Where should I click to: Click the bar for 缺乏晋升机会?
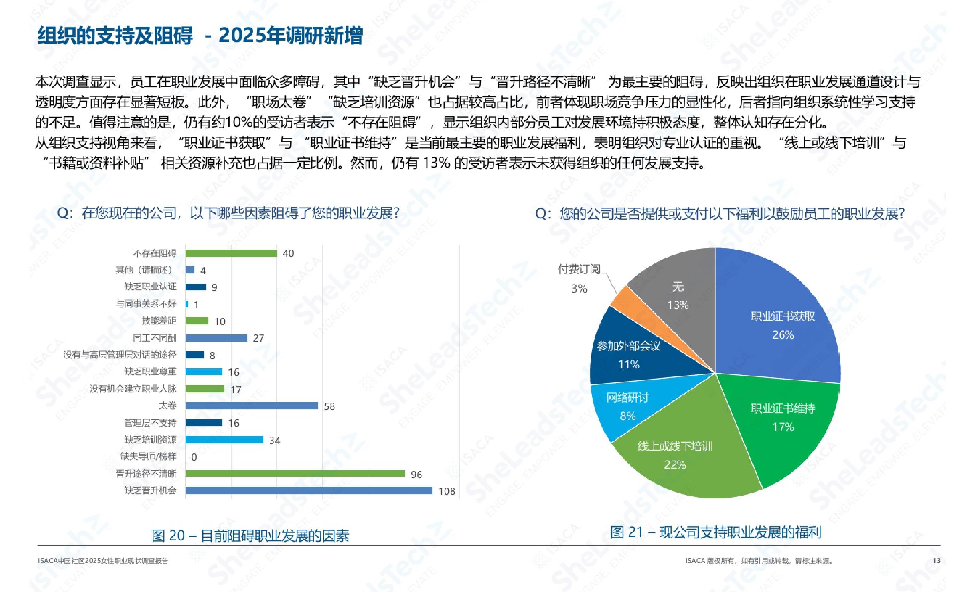click(309, 491)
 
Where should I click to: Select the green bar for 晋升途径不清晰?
click(295, 474)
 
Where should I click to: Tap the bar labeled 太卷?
click(251, 406)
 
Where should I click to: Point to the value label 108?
click(447, 491)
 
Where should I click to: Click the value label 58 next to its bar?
click(329, 406)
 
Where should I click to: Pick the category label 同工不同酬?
click(155, 338)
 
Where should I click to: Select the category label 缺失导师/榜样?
click(148, 457)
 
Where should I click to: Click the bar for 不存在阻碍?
click(231, 253)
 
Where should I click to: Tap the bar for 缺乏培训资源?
click(224, 439)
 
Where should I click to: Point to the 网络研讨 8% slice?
click(625, 407)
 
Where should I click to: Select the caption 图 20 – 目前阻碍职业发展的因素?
click(250, 536)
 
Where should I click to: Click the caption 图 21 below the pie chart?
click(716, 532)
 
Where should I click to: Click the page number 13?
click(936, 561)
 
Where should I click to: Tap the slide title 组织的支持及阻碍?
click(115, 36)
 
